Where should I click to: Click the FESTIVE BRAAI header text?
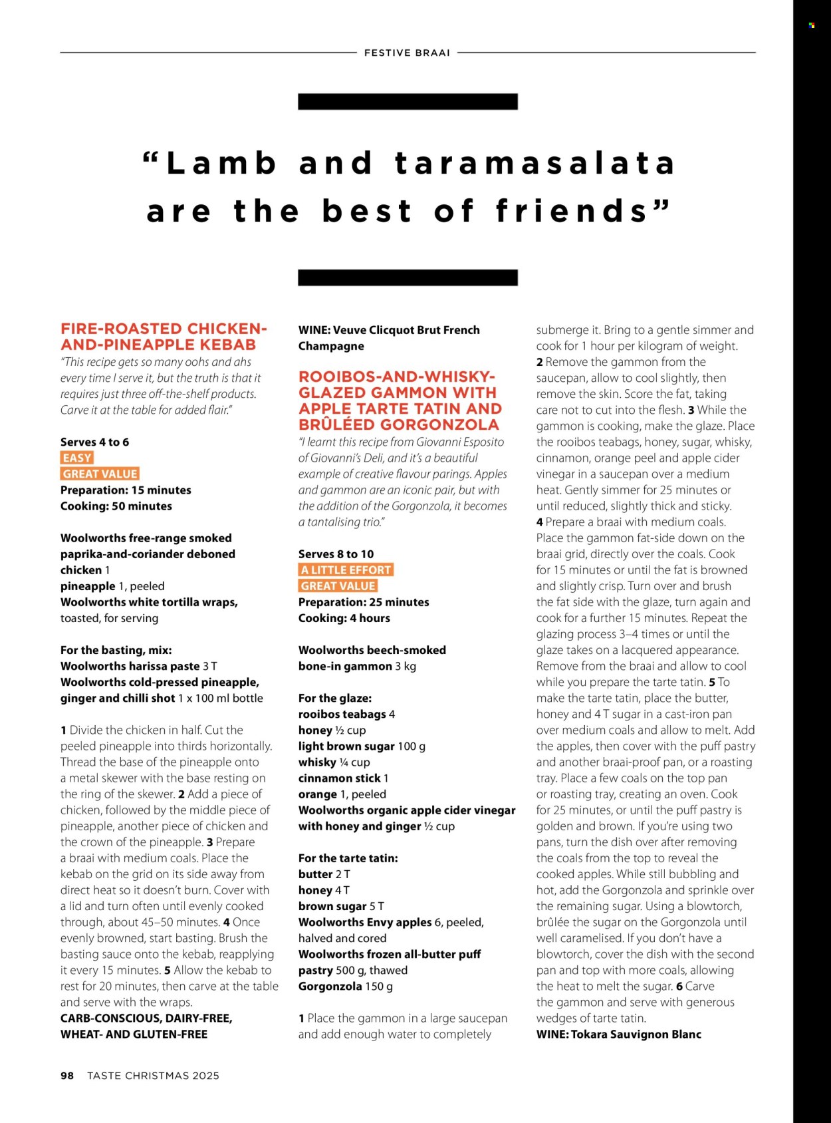[x=407, y=53]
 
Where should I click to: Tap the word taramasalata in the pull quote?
[x=534, y=164]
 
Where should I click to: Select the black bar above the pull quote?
[x=408, y=101]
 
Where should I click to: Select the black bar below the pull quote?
[x=408, y=277]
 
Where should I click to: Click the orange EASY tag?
[x=77, y=458]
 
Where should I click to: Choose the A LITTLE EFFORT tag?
[x=346, y=570]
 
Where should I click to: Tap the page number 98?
[x=67, y=1076]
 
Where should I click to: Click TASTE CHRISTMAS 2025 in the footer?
[x=153, y=1076]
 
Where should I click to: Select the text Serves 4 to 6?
[x=94, y=442]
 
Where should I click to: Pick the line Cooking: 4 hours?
[x=344, y=618]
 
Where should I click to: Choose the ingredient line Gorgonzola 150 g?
[x=345, y=986]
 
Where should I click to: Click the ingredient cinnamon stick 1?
[x=343, y=778]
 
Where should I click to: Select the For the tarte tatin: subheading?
[x=348, y=858]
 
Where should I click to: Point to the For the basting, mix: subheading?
[x=116, y=650]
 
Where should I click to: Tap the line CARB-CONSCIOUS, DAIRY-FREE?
[x=146, y=1018]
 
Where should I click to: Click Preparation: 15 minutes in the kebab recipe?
[x=126, y=490]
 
